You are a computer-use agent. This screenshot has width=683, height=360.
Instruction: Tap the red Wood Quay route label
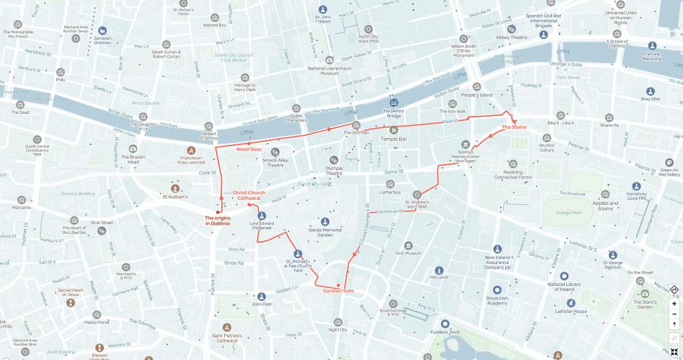click(249, 149)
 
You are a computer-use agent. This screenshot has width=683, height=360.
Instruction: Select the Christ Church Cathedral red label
click(249, 195)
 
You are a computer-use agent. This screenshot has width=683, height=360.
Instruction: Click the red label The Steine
click(514, 127)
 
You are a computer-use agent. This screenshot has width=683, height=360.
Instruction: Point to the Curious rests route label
click(338, 290)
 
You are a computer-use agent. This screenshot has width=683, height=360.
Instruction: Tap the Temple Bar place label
click(393, 139)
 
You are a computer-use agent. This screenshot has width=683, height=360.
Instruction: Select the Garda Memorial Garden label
click(325, 232)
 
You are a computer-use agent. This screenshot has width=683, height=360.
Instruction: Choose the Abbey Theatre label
click(512, 38)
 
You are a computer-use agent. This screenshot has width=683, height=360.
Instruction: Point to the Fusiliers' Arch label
click(445, 332)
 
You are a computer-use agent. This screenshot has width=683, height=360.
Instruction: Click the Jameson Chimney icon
click(103, 31)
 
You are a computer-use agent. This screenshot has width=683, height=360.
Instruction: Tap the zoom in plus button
click(674, 304)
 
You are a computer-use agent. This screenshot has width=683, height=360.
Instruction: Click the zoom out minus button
click(674, 314)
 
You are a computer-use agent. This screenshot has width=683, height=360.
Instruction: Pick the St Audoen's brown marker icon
click(175, 189)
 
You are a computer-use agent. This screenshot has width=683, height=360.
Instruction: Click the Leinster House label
click(571, 311)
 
